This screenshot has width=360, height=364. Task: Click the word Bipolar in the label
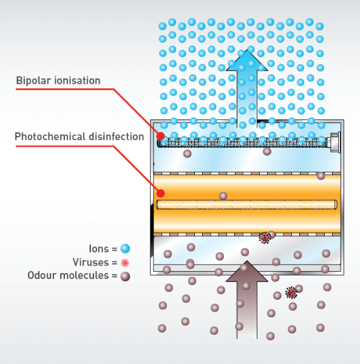(x=33, y=81)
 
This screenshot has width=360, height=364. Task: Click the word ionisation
(x=77, y=81)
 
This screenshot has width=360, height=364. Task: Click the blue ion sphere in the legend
(x=125, y=249)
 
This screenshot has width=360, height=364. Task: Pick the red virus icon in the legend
(x=125, y=263)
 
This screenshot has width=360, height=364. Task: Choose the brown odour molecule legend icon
(x=125, y=276)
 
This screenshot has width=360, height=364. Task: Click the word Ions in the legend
(x=99, y=249)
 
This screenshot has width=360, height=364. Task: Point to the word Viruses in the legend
(x=91, y=262)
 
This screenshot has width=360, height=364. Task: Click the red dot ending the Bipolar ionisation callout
(x=160, y=136)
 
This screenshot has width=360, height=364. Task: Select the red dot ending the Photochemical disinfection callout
(x=160, y=193)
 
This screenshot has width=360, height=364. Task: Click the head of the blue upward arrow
(x=247, y=61)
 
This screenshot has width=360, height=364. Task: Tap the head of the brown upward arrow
(x=247, y=272)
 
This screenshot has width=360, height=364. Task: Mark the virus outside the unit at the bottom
(x=291, y=292)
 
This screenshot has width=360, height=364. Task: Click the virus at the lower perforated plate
(x=265, y=238)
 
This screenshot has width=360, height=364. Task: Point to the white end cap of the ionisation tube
(x=335, y=142)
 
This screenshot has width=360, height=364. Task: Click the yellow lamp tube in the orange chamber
(x=246, y=204)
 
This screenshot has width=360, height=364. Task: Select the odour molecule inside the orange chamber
(x=223, y=196)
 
